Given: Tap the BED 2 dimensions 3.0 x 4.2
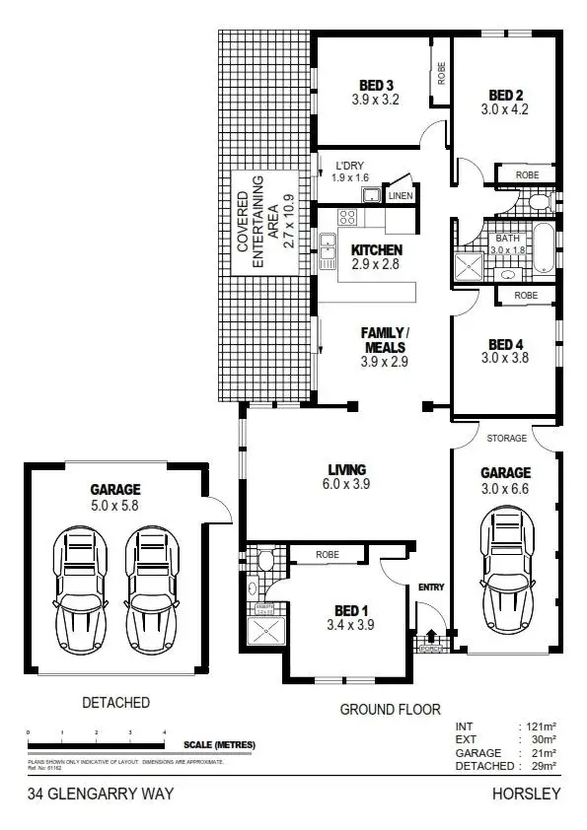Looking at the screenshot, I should [x=506, y=109].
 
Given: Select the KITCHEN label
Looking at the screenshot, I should [x=377, y=250].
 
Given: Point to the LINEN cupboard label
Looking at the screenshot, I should [x=400, y=196].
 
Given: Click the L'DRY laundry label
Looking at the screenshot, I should [x=351, y=166].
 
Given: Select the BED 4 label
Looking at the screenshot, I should [x=506, y=344].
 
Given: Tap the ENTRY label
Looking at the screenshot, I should [x=431, y=588].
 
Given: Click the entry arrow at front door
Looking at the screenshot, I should [x=430, y=637].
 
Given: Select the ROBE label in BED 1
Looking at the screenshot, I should [x=328, y=555].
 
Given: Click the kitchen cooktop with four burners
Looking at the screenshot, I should [x=347, y=218].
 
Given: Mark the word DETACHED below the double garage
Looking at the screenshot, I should [x=116, y=703].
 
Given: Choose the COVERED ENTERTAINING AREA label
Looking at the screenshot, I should [x=258, y=226].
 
